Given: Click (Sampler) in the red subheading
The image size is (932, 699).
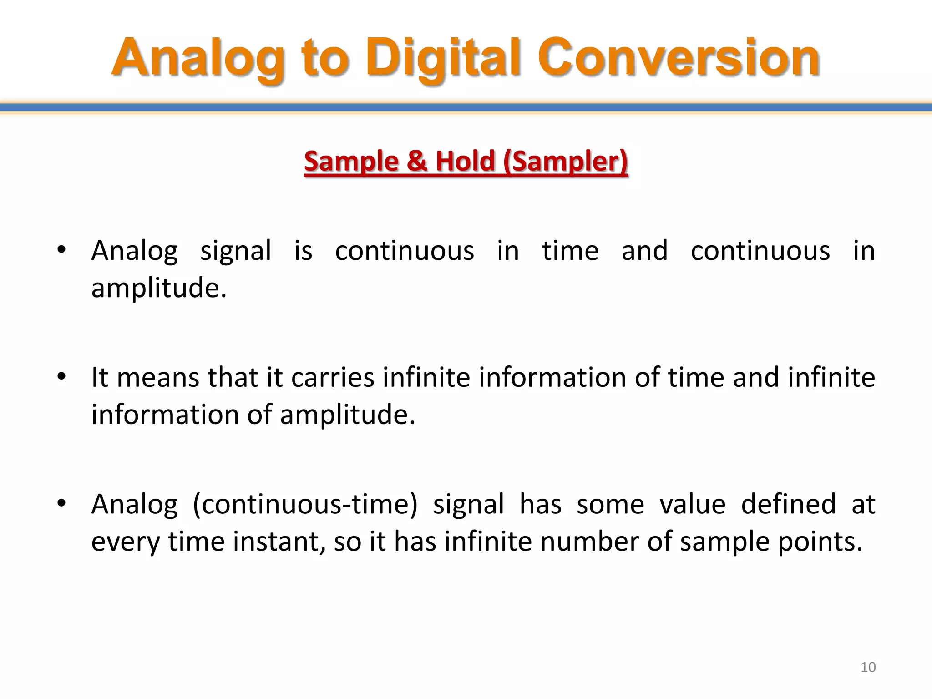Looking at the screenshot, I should tap(566, 162).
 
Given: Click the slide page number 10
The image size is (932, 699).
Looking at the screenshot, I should tap(868, 667).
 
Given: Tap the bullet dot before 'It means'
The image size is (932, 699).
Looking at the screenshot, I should tap(61, 377).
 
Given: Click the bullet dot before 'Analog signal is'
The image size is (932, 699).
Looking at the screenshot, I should tap(61, 250).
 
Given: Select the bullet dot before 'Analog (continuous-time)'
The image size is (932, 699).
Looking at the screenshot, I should tap(61, 504).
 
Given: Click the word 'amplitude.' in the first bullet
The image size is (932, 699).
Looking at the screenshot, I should tap(159, 288).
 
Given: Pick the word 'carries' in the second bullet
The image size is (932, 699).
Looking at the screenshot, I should tap(333, 378).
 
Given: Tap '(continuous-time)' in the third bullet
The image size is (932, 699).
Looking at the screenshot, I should tap(305, 505).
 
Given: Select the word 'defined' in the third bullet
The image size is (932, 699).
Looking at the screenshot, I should tap(788, 504).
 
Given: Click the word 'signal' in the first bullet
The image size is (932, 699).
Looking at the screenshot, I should tap(236, 251).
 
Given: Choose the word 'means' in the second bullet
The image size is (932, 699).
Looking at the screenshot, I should tap(158, 378).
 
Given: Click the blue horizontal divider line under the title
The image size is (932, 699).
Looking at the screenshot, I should tap(466, 108).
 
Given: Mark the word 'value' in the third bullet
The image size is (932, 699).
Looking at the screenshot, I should tap(692, 504).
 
